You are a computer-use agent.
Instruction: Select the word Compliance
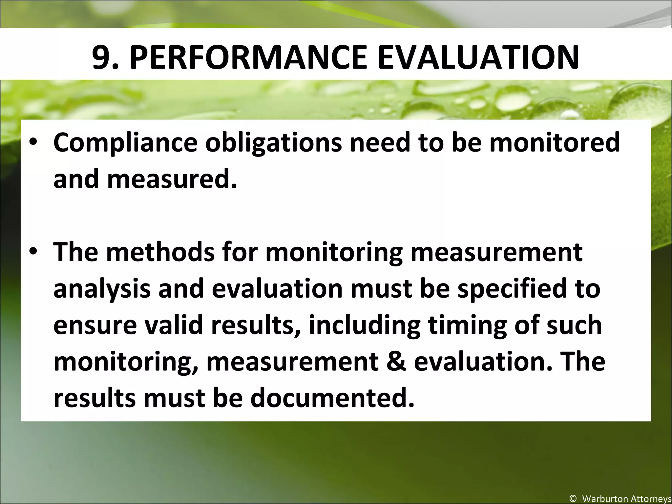click(125, 143)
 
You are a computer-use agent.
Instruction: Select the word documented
click(332, 397)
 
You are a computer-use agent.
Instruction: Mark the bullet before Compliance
click(34, 144)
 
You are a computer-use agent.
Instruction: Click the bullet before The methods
click(34, 253)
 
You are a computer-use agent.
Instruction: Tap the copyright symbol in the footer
click(573, 499)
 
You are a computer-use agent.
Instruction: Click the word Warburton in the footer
click(604, 499)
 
